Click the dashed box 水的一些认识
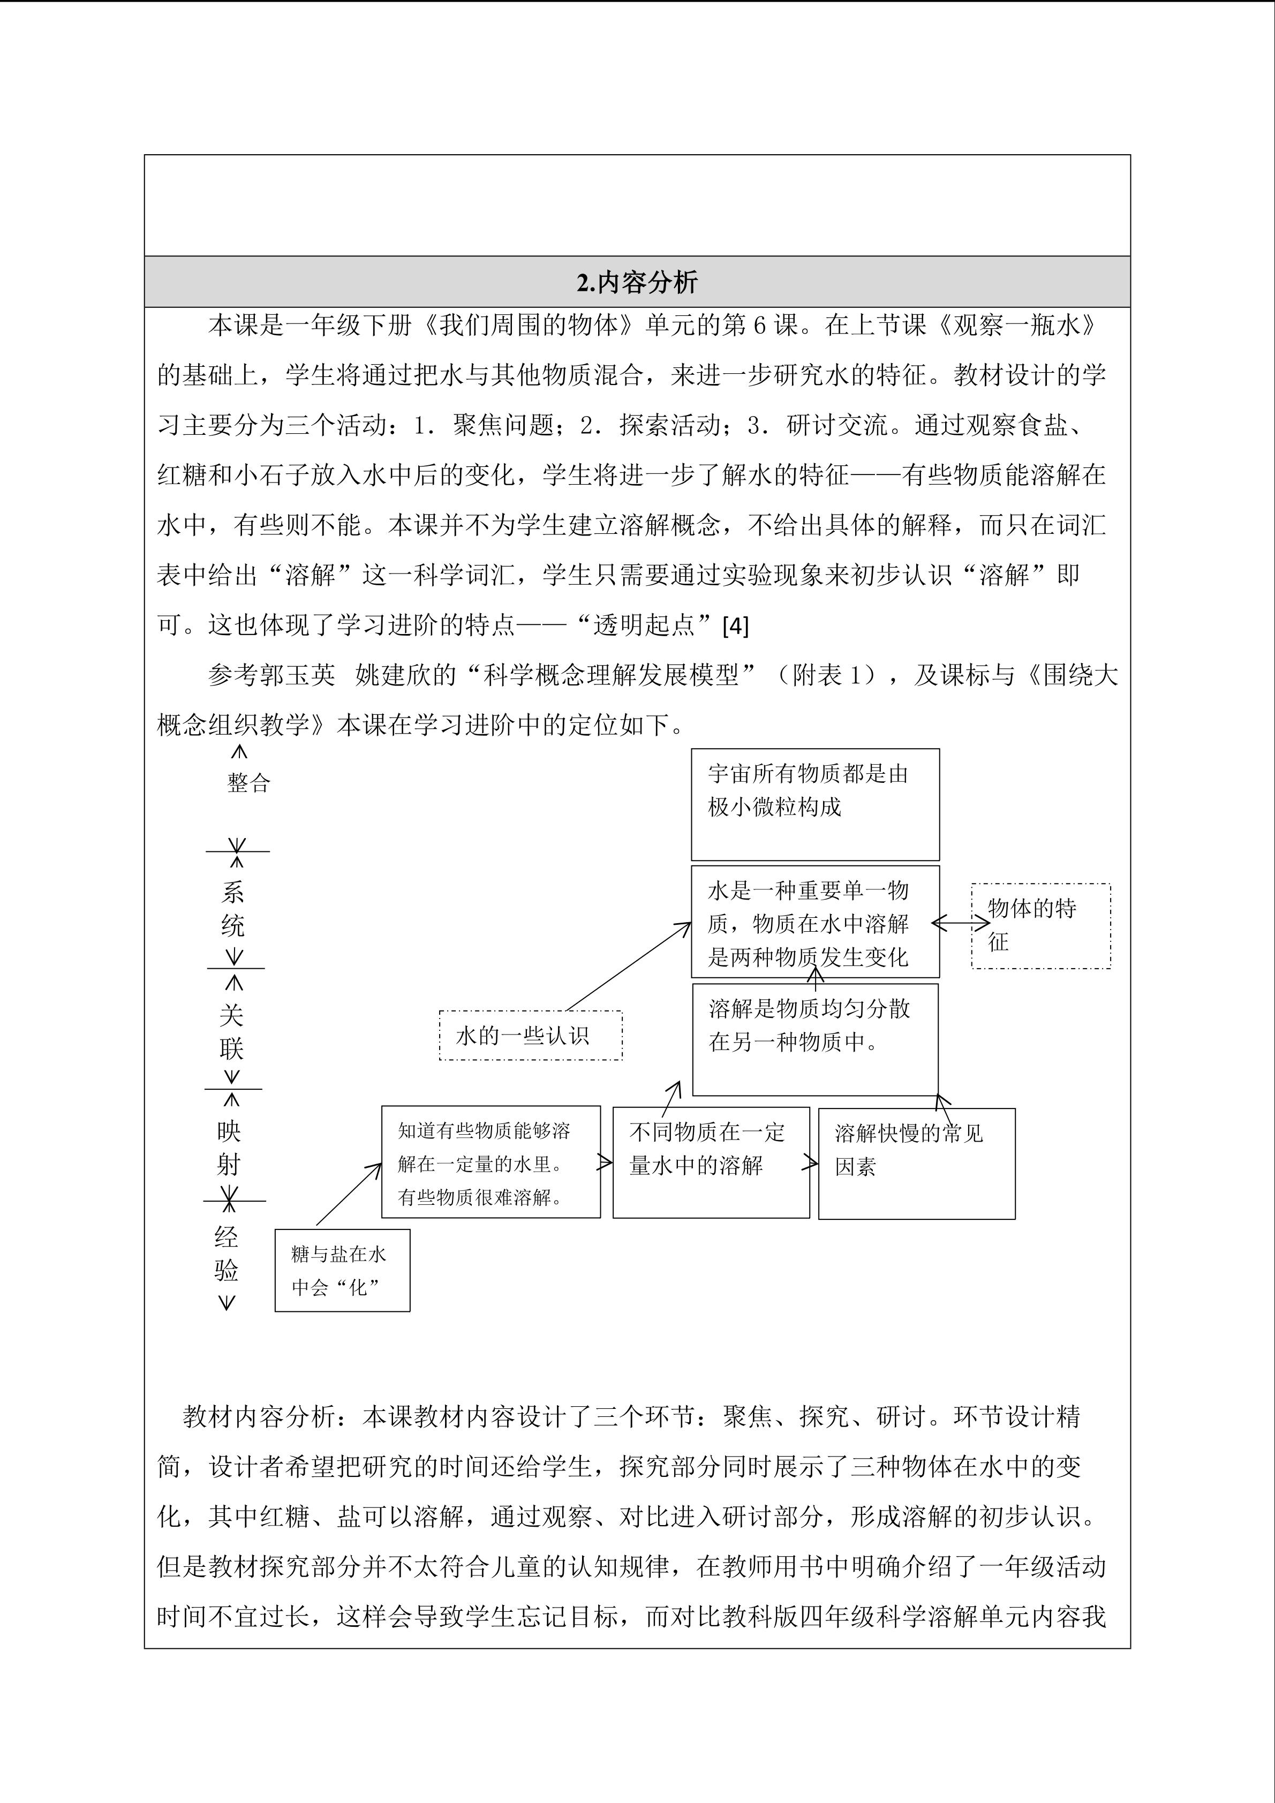coord(530,1036)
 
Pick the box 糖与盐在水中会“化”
coord(342,1270)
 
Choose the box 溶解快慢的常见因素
coord(916,1163)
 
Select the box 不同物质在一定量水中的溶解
coord(711,1162)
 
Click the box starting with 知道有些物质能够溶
coord(491,1162)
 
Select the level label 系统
coord(233,909)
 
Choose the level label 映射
coord(229,1148)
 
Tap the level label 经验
coord(226,1254)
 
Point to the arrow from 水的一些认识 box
coord(628,966)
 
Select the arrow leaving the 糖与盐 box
coord(349,1194)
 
